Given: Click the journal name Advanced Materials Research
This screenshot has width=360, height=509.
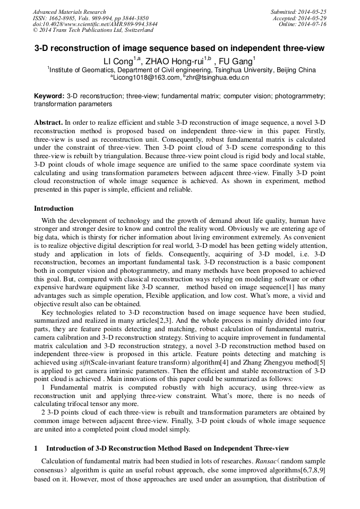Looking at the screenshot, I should (x=69, y=12).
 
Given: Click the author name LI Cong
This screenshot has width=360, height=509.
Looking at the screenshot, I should (x=118, y=62).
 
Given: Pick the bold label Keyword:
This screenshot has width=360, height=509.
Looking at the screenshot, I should (x=49, y=96).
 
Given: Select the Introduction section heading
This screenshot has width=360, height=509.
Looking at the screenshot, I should (x=54, y=209).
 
